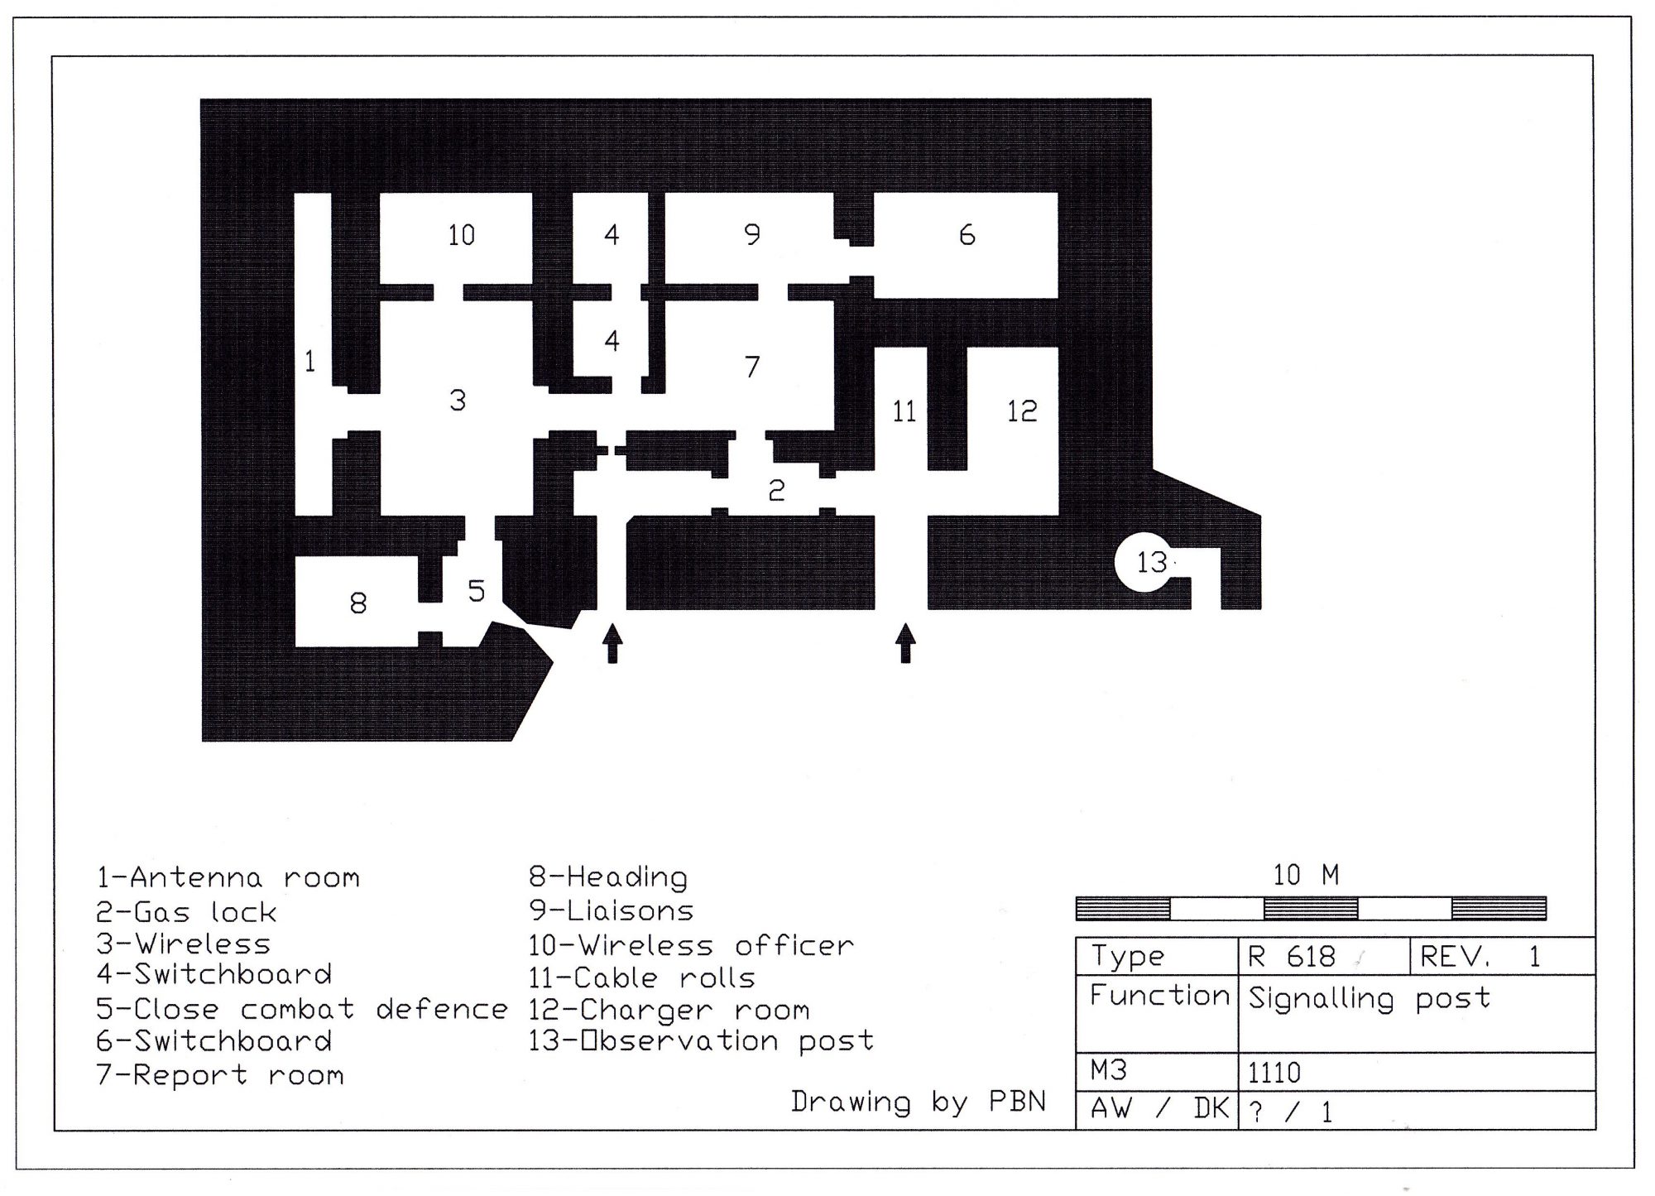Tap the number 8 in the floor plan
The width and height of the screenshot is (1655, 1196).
[x=358, y=603]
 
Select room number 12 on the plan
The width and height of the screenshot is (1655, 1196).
[x=1022, y=411]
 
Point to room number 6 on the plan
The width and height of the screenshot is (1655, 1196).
[x=967, y=235]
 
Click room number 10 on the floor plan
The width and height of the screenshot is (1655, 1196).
[x=462, y=235]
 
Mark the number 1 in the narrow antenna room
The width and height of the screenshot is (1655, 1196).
[x=310, y=361]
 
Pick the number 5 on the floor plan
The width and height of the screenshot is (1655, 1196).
[x=477, y=591]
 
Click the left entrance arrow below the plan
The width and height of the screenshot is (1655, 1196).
[x=612, y=644]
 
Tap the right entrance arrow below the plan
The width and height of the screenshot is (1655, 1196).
[x=906, y=643]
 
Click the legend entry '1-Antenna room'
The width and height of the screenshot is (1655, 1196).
[x=228, y=877]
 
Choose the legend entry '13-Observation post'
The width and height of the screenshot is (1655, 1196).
[x=701, y=1040]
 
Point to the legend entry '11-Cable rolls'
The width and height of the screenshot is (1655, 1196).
[x=642, y=978]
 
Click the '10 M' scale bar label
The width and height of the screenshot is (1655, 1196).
[x=1306, y=875]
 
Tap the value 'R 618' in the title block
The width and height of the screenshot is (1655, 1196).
[x=1292, y=957]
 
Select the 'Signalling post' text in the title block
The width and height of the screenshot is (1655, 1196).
[x=1370, y=998]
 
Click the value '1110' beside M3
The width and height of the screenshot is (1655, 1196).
[x=1274, y=1073]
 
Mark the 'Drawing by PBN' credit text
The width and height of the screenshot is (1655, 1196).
[x=919, y=1102]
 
